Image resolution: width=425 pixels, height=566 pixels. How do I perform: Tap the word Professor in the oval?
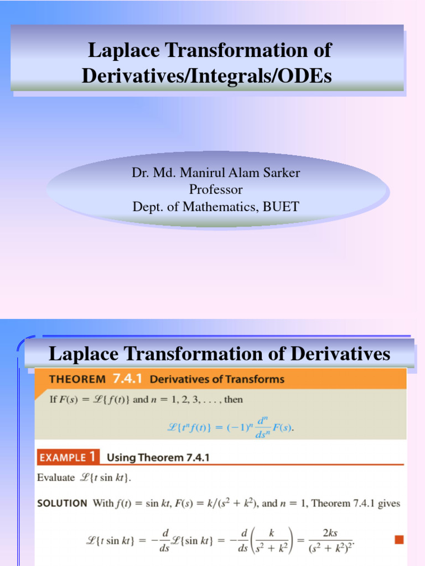pos(216,190)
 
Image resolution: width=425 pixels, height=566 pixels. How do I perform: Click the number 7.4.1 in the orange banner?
pos(128,379)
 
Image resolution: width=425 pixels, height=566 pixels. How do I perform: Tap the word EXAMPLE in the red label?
pos(61,457)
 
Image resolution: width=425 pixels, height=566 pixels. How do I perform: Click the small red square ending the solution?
pos(398,539)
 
